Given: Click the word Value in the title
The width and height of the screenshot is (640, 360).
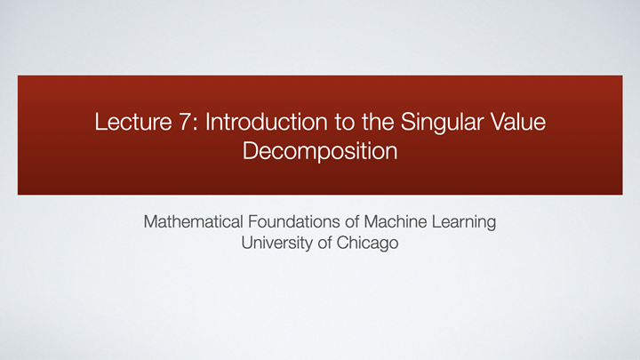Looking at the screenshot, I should click(x=520, y=122).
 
